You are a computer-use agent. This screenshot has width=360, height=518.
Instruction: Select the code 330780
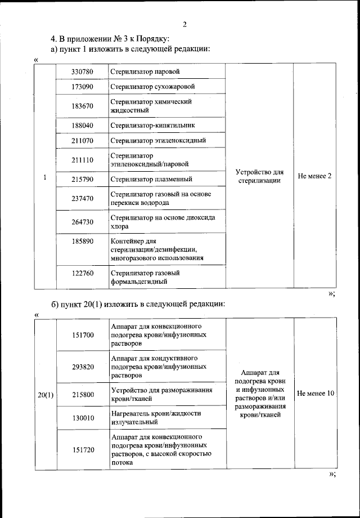82,72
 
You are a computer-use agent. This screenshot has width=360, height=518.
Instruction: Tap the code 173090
82,87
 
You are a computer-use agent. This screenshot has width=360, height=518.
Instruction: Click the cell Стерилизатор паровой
145,72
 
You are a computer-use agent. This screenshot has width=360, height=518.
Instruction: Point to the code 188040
82,125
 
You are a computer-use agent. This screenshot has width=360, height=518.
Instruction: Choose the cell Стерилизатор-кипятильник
153,125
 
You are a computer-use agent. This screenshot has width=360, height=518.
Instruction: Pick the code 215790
82,180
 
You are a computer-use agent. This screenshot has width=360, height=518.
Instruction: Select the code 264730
82,222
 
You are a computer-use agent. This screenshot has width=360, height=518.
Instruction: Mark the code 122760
82,273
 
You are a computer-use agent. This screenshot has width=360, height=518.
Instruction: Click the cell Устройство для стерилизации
259,176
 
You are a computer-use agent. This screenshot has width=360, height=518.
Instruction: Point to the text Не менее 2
314,176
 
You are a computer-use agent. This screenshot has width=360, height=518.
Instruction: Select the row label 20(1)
46,394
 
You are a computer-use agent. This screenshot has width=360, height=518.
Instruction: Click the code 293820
83,367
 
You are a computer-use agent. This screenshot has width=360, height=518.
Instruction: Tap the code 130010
83,417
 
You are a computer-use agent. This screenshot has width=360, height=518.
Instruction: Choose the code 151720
83,449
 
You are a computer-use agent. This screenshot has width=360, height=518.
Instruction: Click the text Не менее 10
315,393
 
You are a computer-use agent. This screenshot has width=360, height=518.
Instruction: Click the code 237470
82,198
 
